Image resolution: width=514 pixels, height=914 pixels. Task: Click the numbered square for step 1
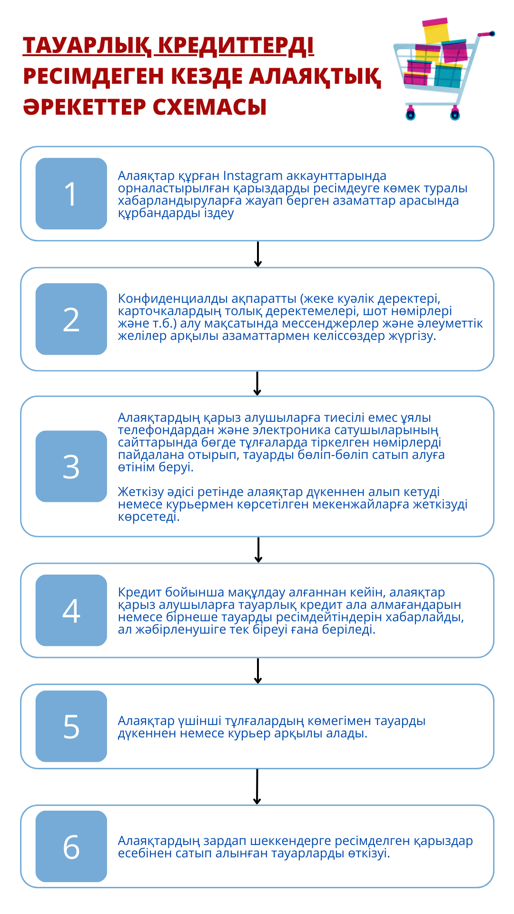(x=71, y=194)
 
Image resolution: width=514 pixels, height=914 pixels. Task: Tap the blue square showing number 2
(x=71, y=319)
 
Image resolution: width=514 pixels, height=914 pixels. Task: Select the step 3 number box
(x=71, y=466)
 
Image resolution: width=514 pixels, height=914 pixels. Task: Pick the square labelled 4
(x=71, y=610)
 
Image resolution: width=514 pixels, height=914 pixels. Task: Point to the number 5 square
(x=71, y=726)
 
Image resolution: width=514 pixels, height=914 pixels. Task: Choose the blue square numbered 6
(x=71, y=846)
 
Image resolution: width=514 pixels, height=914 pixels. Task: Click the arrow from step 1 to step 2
(x=257, y=255)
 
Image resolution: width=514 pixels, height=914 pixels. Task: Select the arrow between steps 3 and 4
(x=258, y=550)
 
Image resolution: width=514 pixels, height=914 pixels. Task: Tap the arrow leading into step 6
(x=257, y=787)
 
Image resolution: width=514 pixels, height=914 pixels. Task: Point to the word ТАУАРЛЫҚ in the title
(x=87, y=46)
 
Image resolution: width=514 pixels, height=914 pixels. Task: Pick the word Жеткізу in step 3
(x=140, y=492)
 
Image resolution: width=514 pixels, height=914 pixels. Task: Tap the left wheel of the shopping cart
(x=410, y=115)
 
